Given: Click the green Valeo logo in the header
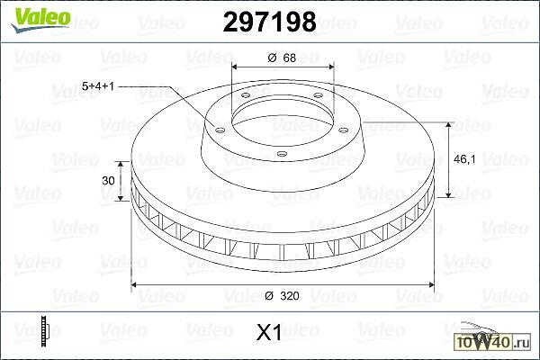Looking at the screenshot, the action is coord(40,19).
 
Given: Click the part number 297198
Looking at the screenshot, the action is coord(270,22).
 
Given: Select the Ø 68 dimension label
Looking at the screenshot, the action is coord(282,58).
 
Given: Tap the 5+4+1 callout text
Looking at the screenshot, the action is coord(98,86).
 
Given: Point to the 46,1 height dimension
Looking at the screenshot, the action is coord(464,159).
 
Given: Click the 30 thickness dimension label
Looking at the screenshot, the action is coord(108,180).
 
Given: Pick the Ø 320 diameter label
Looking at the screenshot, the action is coord(282,295).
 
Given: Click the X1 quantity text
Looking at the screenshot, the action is coord(269,332).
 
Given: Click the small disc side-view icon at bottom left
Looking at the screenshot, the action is coord(45,331).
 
